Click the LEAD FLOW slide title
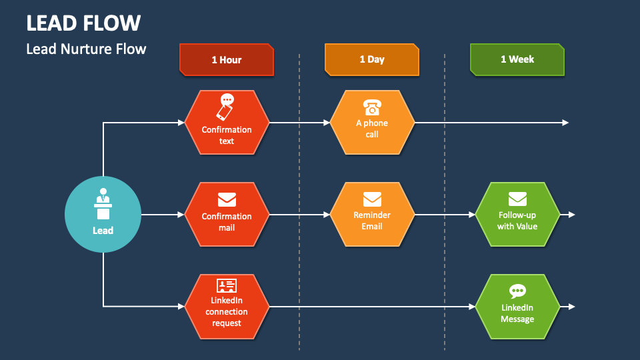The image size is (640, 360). [x=83, y=23]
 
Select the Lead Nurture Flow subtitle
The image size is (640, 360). [x=86, y=49]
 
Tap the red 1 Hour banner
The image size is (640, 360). [x=227, y=59]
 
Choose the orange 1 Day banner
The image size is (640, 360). [x=372, y=59]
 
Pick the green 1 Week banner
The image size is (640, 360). [x=517, y=59]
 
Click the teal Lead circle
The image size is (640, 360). [x=103, y=215]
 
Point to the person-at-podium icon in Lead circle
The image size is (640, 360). [x=103, y=204]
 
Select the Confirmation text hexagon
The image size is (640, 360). [x=227, y=123]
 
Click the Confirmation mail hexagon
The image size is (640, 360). [x=227, y=215]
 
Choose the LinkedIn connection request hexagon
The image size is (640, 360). [x=227, y=307]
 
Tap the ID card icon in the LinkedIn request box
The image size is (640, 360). [x=227, y=285]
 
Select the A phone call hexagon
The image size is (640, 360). [x=372, y=123]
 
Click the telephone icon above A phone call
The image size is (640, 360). [x=372, y=107]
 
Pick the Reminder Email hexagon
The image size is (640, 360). [x=372, y=215]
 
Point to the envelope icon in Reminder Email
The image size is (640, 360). [x=372, y=199]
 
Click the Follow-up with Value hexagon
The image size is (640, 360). [x=517, y=215]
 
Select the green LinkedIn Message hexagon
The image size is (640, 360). [x=517, y=307]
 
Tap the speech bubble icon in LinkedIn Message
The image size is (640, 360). [x=517, y=291]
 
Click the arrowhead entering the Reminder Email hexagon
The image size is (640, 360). [x=327, y=215]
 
